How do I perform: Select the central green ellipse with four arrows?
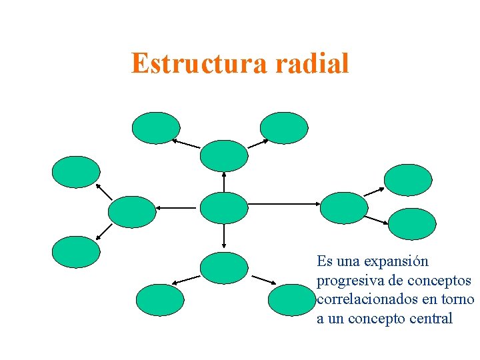(224, 207)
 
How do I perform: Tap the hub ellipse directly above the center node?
(224, 156)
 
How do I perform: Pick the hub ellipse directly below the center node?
(224, 268)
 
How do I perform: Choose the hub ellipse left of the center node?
(131, 212)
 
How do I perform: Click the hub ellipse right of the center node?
(344, 208)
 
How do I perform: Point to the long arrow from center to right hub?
(284, 203)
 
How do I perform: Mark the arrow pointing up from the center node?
(224, 181)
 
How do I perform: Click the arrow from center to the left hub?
(177, 208)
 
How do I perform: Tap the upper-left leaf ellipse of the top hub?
(156, 128)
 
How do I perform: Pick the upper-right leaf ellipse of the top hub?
(284, 128)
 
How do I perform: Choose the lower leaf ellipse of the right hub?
(411, 224)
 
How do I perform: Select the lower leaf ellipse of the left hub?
(76, 252)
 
